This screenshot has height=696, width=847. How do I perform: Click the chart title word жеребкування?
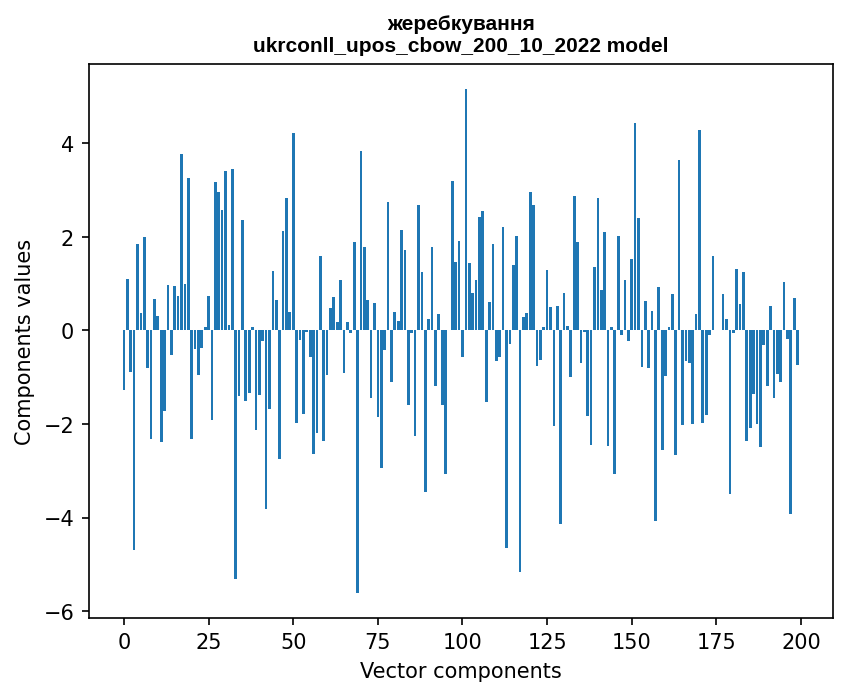(x=460, y=23)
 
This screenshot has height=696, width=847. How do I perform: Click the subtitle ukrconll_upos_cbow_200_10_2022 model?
(x=460, y=45)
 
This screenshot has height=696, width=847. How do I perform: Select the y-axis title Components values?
(x=23, y=341)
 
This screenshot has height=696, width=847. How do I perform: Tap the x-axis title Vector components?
(x=460, y=670)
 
